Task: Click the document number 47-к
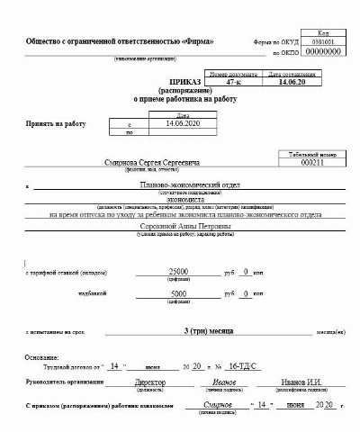(234, 82)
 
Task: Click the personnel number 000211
(312, 162)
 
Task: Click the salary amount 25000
(178, 271)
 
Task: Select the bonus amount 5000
(178, 293)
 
